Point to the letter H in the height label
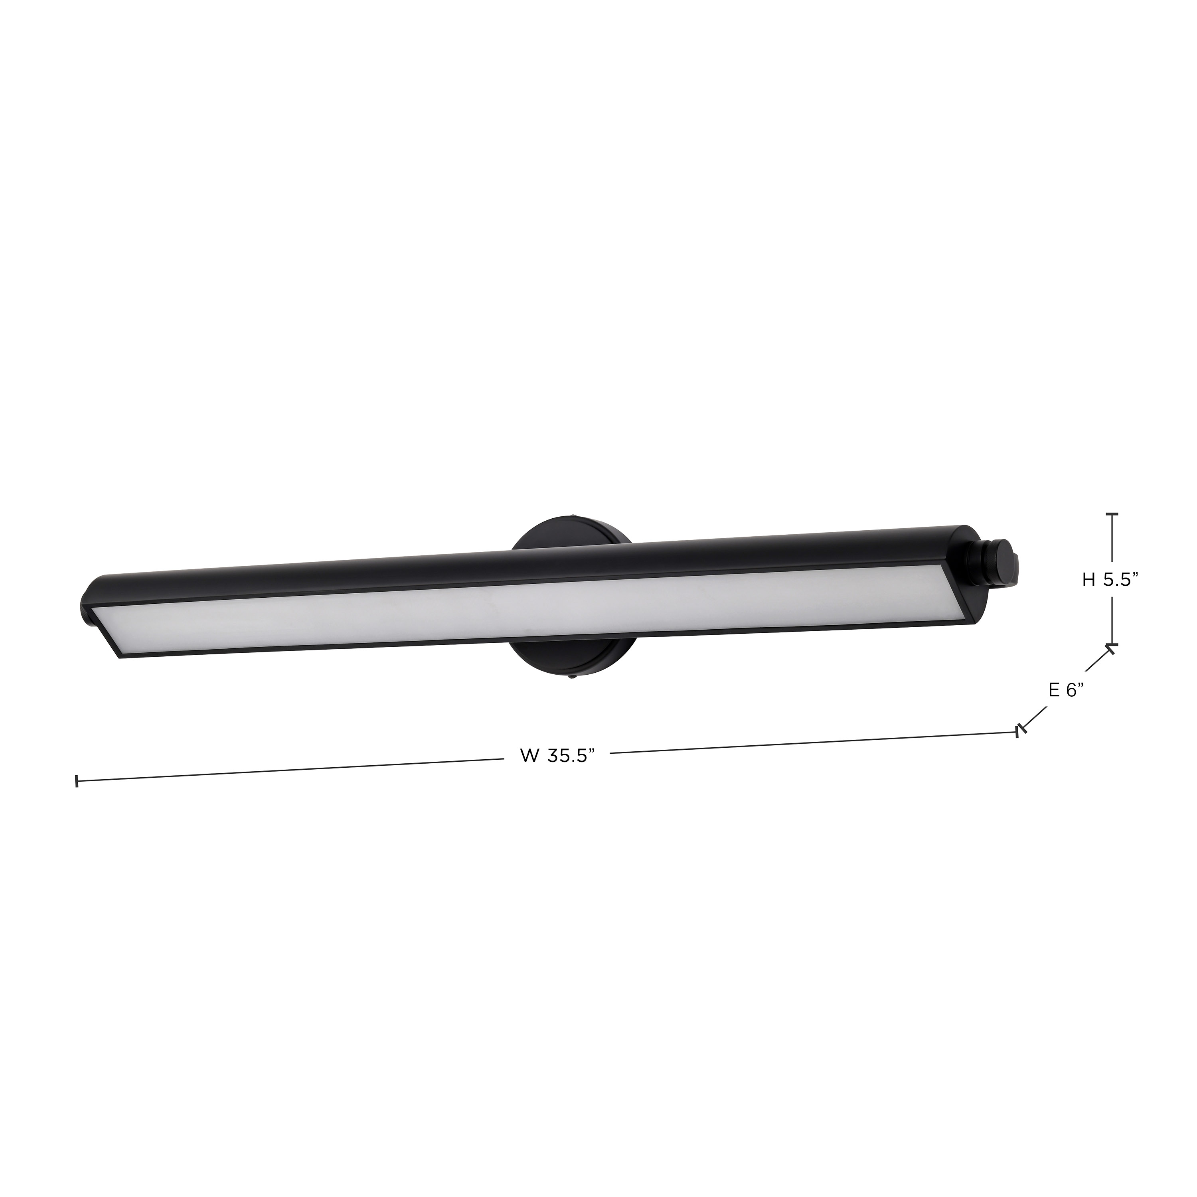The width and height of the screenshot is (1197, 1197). tap(1088, 580)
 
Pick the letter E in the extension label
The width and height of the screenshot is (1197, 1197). tap(1054, 689)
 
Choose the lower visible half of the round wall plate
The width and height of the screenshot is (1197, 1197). tap(570, 660)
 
